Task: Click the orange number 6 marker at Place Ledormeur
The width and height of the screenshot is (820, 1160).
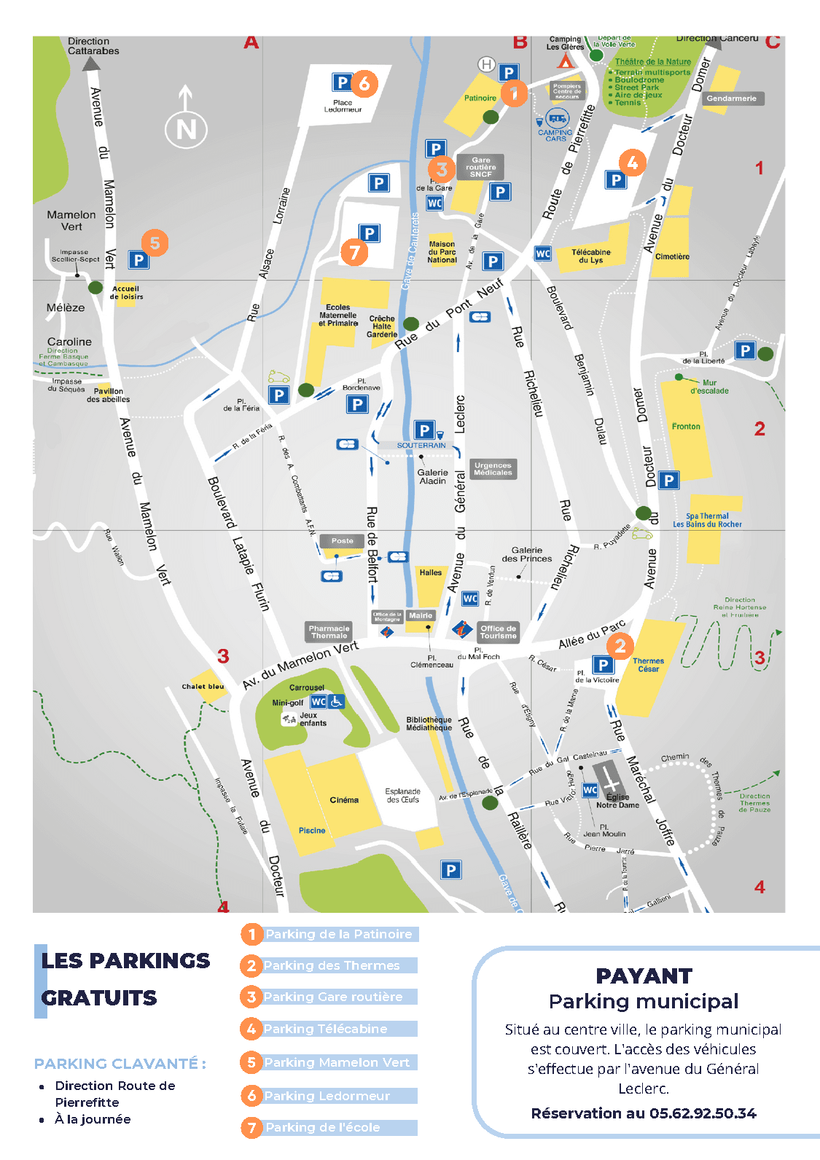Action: [364, 83]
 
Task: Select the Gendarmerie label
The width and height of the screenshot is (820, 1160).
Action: [731, 98]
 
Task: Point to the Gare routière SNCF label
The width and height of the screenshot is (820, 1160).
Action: [480, 167]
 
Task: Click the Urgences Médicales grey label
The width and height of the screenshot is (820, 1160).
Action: [493, 469]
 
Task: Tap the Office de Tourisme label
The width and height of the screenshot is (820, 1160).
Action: [498, 632]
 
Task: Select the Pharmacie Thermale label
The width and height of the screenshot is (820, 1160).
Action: [329, 632]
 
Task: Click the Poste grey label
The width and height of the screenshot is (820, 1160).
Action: [342, 541]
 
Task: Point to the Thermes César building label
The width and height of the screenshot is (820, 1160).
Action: [648, 665]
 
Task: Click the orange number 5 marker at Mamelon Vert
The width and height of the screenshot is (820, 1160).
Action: [155, 243]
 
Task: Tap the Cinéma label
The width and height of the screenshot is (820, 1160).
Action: [344, 800]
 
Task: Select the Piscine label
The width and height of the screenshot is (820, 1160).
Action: [312, 830]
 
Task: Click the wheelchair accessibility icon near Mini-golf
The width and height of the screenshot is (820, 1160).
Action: [336, 701]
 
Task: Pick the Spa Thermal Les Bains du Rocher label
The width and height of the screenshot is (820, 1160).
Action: [707, 520]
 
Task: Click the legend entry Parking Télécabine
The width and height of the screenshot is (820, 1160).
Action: [325, 1029]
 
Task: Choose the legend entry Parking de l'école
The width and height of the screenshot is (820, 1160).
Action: [322, 1127]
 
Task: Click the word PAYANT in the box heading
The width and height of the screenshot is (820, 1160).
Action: [644, 976]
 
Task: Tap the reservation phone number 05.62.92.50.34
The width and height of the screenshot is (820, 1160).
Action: [703, 1113]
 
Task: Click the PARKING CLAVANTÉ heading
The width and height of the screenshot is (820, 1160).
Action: [120, 1064]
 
